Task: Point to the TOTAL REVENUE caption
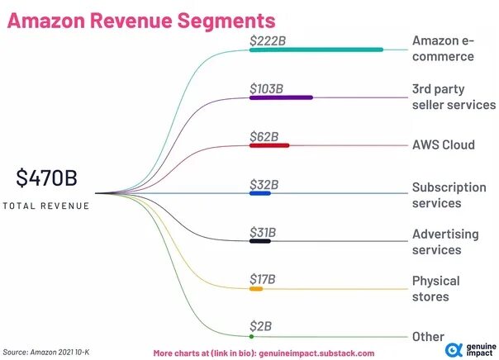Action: pyautogui.click(x=45, y=206)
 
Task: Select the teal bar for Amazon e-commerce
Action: pyautogui.click(x=316, y=50)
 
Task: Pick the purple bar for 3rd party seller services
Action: pyautogui.click(x=281, y=97)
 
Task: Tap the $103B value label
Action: pyautogui.click(x=266, y=88)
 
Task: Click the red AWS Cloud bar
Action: pyautogui.click(x=269, y=145)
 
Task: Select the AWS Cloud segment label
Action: pyautogui.click(x=444, y=144)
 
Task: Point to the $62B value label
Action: pyautogui.click(x=264, y=135)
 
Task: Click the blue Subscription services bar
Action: pyautogui.click(x=260, y=193)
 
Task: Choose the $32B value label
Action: pyautogui.click(x=264, y=183)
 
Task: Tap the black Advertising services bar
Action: pyautogui.click(x=260, y=241)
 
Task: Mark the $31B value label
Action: pyautogui.click(x=264, y=231)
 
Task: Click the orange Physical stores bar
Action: pyautogui.click(x=256, y=289)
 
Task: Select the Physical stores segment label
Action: pyautogui.click(x=435, y=288)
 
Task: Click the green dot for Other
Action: pyautogui.click(x=251, y=337)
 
